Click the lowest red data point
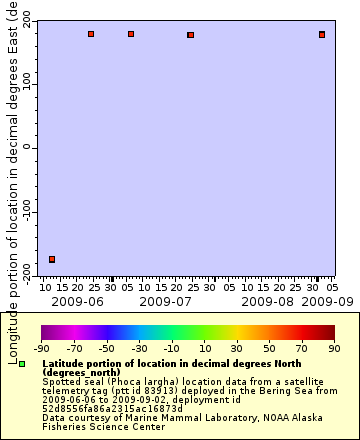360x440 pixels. tap(52, 259)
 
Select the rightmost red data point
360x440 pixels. tap(322, 34)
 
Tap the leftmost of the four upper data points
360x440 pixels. tap(91, 34)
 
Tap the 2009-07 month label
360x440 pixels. tap(165, 300)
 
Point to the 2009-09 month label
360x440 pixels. tap(328, 300)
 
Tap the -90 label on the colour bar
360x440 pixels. tap(42, 348)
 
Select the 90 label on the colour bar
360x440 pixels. tap(333, 348)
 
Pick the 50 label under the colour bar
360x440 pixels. tap(268, 348)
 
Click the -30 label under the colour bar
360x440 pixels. tap(139, 348)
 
